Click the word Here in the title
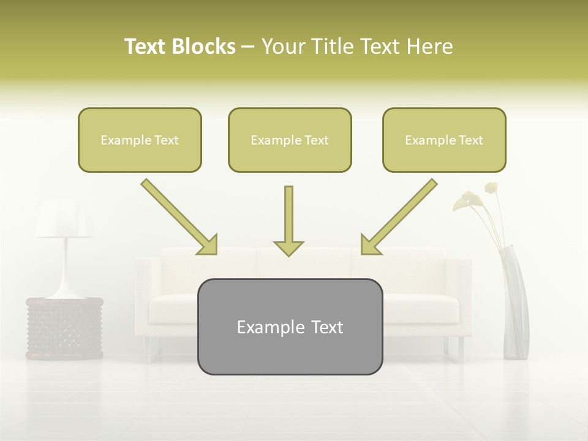tap(431, 47)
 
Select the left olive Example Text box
tap(140, 140)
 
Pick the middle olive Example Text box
tap(290, 140)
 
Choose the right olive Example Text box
tap(444, 140)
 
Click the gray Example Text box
tap(290, 326)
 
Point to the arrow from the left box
tap(179, 217)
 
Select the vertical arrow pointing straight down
tap(288, 221)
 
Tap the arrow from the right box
tap(399, 217)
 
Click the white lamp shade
tap(65, 221)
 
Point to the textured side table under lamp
tap(64, 328)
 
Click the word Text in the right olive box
tap(470, 140)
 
